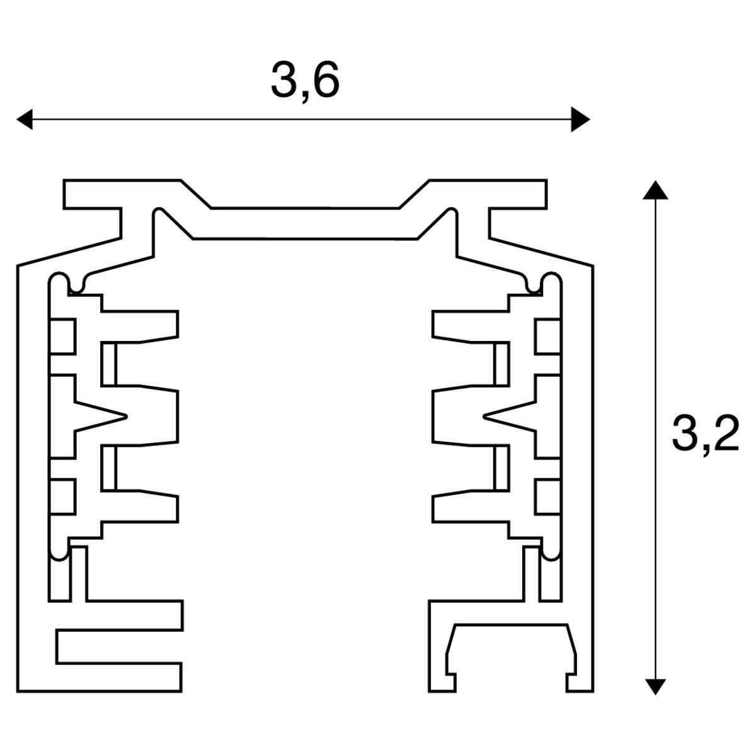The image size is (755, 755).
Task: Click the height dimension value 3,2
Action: coord(705,434)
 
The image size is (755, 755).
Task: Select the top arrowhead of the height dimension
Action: coord(656,191)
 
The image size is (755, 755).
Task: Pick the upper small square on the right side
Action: coord(547,336)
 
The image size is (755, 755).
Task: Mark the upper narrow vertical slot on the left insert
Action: coord(109,365)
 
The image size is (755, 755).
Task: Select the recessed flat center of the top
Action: coord(305,223)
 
